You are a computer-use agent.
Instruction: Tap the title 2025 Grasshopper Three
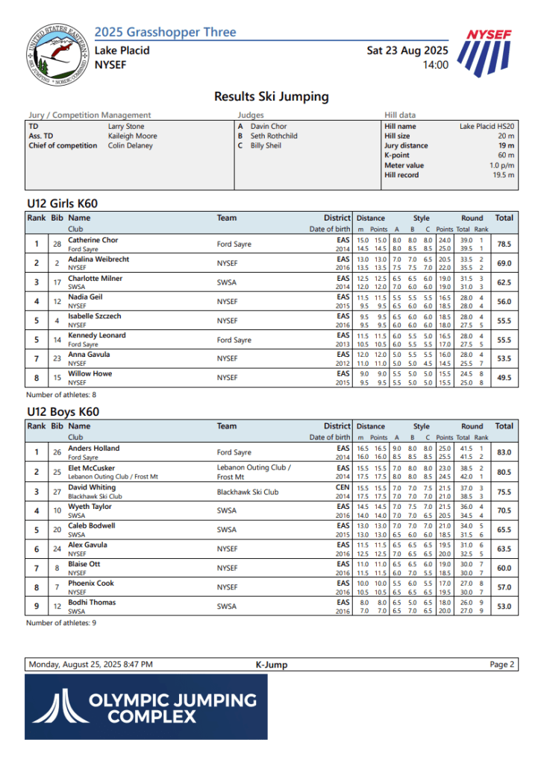point(165,32)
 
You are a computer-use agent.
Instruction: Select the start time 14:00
point(435,65)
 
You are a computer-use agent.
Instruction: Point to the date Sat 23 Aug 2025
point(407,51)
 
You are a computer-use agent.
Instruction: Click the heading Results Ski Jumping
point(271,96)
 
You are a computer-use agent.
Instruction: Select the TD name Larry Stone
point(126,127)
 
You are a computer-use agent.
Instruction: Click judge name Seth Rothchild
point(274,136)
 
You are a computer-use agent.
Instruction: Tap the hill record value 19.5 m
point(503,175)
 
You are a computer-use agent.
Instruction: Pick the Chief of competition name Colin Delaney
point(130,145)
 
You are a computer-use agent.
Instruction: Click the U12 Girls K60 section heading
point(62,203)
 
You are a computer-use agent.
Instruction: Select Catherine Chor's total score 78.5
point(504,244)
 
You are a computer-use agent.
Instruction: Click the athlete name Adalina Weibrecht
point(98,259)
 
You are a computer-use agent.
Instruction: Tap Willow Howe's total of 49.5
point(504,378)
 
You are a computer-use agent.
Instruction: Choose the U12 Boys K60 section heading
point(63,411)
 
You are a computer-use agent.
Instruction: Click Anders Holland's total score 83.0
point(504,452)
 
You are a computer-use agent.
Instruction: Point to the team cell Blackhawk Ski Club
point(248,492)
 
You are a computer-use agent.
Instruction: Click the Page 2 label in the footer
point(501,665)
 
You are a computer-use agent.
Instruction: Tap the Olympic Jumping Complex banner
point(146,707)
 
